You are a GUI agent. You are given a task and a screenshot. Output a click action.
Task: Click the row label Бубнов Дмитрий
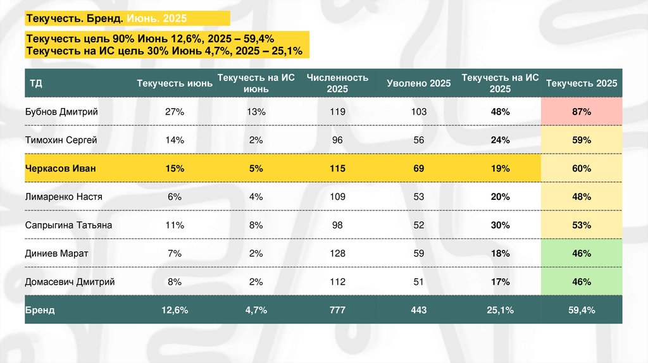coord(61,112)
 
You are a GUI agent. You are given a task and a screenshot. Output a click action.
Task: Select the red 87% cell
coord(582,112)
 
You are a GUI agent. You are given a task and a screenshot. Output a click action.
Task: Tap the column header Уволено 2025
coord(418,83)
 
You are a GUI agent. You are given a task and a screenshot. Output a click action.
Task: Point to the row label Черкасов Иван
coord(55,169)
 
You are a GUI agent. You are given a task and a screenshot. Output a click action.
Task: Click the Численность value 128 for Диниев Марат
coord(337,254)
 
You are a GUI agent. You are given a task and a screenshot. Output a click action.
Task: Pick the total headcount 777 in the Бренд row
coord(337,311)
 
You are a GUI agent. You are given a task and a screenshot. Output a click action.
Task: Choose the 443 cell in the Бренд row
coord(418,311)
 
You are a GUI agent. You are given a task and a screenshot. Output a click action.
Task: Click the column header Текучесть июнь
coord(174,83)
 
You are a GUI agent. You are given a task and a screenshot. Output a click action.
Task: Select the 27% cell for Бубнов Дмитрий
coord(174,112)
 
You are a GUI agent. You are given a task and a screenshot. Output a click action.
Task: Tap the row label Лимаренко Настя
coord(63,197)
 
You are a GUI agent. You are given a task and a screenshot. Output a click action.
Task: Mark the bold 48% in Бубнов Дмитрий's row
coord(500,112)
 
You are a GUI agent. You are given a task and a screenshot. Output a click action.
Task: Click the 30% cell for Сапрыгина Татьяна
coord(500,225)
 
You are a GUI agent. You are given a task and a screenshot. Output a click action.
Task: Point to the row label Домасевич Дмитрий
coord(70,282)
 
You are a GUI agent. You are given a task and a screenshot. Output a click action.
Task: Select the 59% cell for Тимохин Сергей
coord(582,140)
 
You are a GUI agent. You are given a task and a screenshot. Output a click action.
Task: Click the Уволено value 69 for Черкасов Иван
coord(418,169)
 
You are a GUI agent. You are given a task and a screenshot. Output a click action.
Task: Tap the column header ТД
coord(35,83)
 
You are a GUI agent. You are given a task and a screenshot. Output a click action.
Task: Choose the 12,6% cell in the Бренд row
coord(174,311)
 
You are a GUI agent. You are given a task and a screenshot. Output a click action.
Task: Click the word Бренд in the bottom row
coord(40,311)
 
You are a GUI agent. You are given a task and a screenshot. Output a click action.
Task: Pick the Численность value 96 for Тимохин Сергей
coord(337,140)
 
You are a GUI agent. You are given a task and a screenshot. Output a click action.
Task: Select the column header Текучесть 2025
coord(582,83)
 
